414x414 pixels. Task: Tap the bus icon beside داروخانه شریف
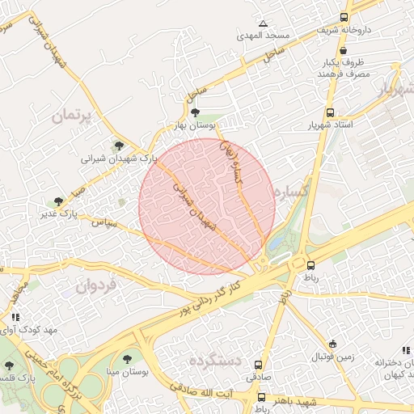point(344,17)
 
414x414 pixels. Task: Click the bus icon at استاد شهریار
point(330,113)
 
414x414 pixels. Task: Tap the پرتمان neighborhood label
point(72,116)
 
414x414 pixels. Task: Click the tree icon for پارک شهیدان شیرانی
point(120,146)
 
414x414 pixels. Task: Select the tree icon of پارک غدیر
point(58,201)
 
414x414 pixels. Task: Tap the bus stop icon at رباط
point(310,264)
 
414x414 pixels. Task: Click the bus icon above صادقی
point(259,365)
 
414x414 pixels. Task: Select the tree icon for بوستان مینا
point(127,358)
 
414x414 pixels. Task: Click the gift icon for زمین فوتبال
point(333,344)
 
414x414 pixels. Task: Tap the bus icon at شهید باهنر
point(262,397)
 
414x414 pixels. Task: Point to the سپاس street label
point(105,221)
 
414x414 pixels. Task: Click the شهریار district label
point(395,91)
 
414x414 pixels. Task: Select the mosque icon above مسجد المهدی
point(262,23)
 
